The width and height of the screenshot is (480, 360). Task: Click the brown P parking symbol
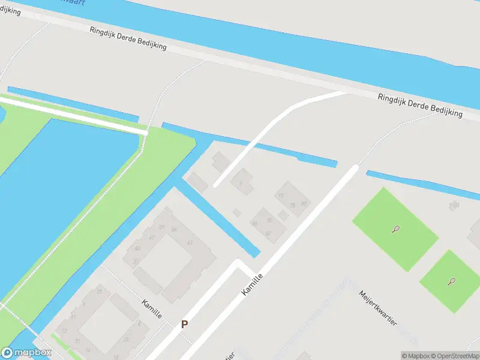[185, 324]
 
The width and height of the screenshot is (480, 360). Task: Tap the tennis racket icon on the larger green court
[395, 229]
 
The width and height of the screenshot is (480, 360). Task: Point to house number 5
[241, 184]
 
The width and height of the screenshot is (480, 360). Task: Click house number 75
[292, 205]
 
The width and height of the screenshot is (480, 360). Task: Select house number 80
[304, 203]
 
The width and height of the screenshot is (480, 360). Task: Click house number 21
[99, 292]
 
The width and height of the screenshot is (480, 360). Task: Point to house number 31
[77, 340]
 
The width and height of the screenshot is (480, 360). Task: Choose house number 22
[125, 339]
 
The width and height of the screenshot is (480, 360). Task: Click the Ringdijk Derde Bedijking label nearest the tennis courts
[420, 105]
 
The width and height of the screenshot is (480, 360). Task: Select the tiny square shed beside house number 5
[236, 212]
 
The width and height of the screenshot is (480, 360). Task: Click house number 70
[281, 196]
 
